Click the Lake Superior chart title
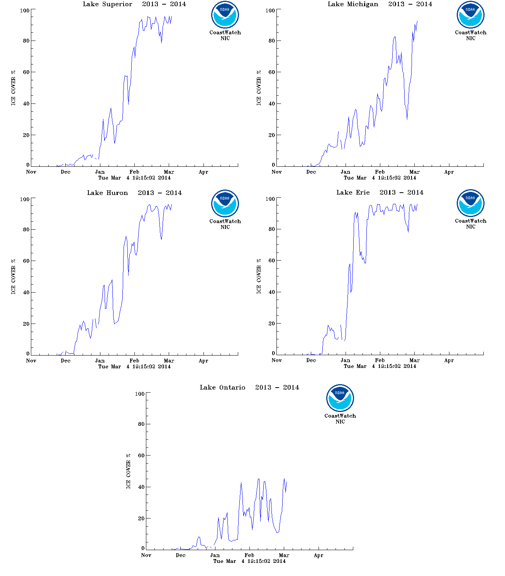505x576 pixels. tap(134, 4)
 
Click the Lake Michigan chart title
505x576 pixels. tap(380, 4)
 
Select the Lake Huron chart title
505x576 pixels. tap(134, 193)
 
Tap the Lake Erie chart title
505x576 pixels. tap(380, 193)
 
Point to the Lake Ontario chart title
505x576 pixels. tap(249, 388)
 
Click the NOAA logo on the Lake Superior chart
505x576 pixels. tap(225, 15)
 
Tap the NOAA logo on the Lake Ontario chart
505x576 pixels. tap(340, 398)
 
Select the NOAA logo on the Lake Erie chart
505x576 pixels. tap(470, 203)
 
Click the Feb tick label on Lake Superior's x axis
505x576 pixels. tap(134, 172)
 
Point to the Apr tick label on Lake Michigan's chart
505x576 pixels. tap(449, 172)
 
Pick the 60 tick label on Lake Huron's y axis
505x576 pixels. tap(26, 261)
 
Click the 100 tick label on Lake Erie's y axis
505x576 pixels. tap(270, 199)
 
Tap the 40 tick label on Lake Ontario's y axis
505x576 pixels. tap(141, 487)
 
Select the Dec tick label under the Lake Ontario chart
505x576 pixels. tap(180, 556)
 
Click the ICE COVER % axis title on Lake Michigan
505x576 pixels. tap(259, 88)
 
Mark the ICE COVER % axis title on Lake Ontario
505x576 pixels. tap(128, 471)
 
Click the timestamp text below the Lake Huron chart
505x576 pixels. tap(134, 367)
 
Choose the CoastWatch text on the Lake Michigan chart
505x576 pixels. tap(470, 33)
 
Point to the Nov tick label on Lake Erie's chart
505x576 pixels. tap(276, 361)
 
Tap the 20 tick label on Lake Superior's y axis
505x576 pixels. tap(26, 135)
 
